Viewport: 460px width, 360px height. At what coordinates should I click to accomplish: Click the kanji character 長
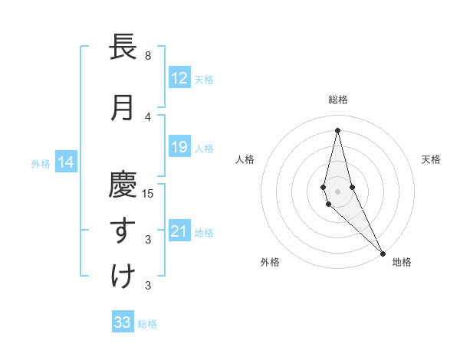click(123, 47)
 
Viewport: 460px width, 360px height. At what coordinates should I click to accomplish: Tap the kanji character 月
click(123, 108)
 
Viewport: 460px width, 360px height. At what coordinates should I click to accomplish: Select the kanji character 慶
click(123, 185)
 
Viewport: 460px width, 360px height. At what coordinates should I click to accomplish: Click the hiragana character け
click(123, 277)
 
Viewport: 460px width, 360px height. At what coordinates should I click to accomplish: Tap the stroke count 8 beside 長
click(148, 56)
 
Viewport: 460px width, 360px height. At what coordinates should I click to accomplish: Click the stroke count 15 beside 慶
click(148, 194)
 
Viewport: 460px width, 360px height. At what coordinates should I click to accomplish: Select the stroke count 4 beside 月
click(148, 117)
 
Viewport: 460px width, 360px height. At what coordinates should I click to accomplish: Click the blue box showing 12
click(179, 77)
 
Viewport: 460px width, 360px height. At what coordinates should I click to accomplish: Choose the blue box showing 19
click(179, 147)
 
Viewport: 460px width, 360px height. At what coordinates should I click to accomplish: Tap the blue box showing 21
click(179, 231)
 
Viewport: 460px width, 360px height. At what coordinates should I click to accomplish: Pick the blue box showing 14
click(66, 162)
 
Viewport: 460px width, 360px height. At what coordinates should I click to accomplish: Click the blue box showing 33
click(123, 322)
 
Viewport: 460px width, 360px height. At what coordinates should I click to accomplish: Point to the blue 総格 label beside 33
click(147, 324)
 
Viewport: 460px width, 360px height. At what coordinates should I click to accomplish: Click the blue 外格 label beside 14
click(41, 163)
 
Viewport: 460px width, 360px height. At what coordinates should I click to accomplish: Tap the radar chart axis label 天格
click(432, 159)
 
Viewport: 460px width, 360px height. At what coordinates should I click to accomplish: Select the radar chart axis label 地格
click(402, 262)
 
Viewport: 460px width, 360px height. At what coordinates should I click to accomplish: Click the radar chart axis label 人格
click(245, 159)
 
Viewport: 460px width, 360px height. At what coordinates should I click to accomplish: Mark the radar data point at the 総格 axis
click(337, 130)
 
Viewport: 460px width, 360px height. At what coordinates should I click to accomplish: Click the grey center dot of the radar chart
click(337, 191)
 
